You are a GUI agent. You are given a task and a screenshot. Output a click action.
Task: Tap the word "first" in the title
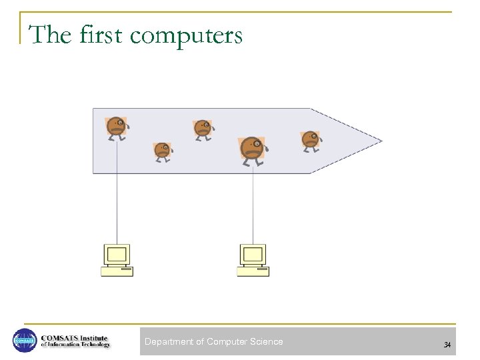pyautogui.click(x=101, y=35)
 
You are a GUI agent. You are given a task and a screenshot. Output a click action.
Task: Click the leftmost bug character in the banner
pyautogui.click(x=116, y=126)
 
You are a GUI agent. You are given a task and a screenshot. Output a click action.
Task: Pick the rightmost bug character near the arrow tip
pyautogui.click(x=310, y=140)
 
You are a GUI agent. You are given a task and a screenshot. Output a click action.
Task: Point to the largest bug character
pyautogui.click(x=252, y=148)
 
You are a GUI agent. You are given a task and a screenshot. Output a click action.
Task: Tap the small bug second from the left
pyautogui.click(x=162, y=151)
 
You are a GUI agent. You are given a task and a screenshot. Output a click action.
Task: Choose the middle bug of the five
pyautogui.click(x=202, y=129)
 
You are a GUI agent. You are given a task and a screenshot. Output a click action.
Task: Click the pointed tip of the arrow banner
pyautogui.click(x=380, y=141)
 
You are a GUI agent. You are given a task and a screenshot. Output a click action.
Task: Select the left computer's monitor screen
pyautogui.click(x=117, y=254)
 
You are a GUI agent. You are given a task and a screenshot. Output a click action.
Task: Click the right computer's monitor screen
pyautogui.click(x=253, y=254)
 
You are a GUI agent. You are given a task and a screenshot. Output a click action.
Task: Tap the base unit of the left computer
pyautogui.click(x=117, y=271)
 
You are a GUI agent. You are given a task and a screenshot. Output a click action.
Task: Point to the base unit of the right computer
pyautogui.click(x=253, y=271)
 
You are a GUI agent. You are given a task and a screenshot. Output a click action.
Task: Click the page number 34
pyautogui.click(x=447, y=345)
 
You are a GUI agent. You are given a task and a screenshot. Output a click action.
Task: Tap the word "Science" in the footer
pyautogui.click(x=266, y=342)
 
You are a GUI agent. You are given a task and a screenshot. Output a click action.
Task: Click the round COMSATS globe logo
pyautogui.click(x=25, y=341)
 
